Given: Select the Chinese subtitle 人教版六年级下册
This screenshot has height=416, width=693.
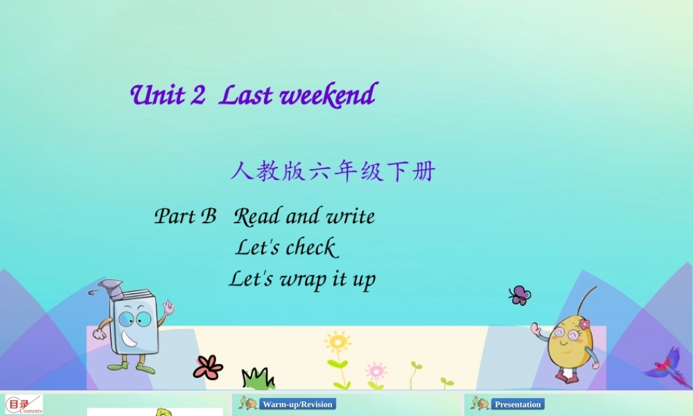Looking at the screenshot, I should click(x=332, y=171).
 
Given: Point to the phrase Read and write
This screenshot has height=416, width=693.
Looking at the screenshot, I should click(x=304, y=216).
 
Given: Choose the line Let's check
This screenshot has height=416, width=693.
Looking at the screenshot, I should click(x=286, y=247).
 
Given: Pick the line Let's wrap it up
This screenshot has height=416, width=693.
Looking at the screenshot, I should click(x=302, y=279).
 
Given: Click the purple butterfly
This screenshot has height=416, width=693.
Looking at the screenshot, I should click(x=520, y=295).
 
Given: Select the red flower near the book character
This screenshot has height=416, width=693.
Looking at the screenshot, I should click(x=208, y=367).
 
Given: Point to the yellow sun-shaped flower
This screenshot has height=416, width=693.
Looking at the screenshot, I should click(x=337, y=343).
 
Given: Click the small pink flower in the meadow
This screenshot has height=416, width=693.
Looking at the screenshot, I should click(x=376, y=370).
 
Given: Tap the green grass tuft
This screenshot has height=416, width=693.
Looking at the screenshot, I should click(x=258, y=379).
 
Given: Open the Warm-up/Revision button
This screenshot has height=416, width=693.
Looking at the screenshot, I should click(x=297, y=404).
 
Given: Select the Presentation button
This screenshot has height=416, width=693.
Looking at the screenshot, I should click(x=518, y=404).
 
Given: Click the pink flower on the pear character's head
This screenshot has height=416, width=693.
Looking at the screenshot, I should click(x=584, y=324).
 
